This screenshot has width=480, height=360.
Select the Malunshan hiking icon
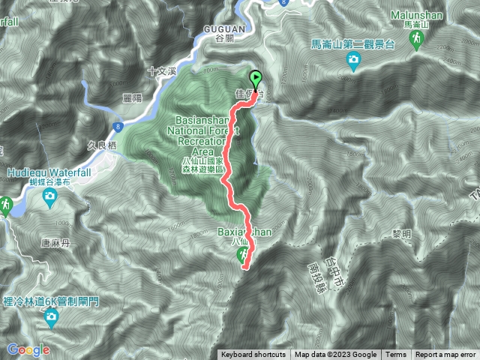tap(417, 42)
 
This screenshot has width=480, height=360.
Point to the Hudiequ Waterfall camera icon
tap(49, 196)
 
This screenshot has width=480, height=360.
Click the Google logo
tap(28, 349)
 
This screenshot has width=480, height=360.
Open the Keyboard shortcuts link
tap(253, 355)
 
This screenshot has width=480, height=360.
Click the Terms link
tap(396, 355)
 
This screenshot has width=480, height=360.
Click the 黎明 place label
tap(402, 233)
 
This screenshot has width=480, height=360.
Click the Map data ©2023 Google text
tap(335, 355)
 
